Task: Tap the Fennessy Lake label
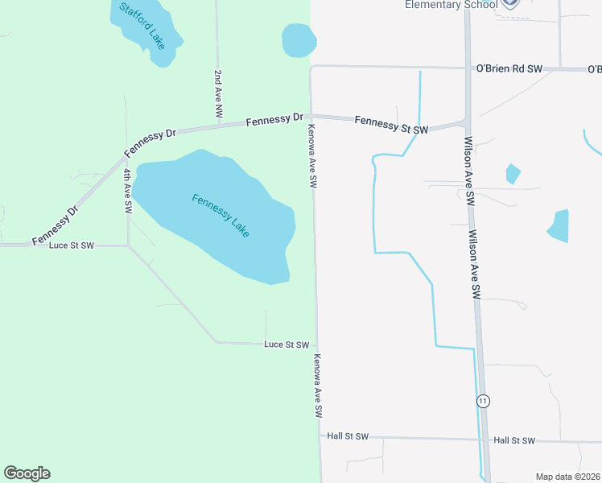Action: (221, 215)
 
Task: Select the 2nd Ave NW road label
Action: (217, 93)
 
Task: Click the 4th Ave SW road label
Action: (127, 190)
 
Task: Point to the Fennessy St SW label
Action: (391, 124)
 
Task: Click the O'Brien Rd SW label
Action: (509, 69)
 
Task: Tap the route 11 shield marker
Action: (483, 401)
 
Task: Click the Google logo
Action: (27, 473)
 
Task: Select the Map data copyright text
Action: (567, 477)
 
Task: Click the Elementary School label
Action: (450, 5)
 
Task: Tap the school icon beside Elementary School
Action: (509, 4)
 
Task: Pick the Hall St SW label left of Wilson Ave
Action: (348, 436)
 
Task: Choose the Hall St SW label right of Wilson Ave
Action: (514, 440)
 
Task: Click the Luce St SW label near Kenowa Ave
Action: (287, 345)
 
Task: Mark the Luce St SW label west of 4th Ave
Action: (72, 245)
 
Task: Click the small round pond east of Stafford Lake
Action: (298, 40)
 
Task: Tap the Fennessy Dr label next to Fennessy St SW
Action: (268, 121)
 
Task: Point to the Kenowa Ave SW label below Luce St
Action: (318, 386)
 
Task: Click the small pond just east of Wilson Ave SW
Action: (512, 173)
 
